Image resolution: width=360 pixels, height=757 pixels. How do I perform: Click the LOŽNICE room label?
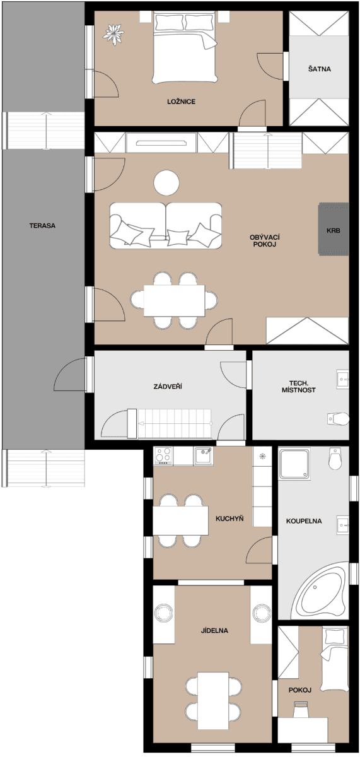coord(181,101)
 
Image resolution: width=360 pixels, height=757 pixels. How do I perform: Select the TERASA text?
coord(42,225)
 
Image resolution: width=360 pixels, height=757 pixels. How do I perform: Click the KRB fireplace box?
coord(333,230)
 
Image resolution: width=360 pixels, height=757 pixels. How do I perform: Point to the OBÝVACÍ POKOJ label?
coord(264,240)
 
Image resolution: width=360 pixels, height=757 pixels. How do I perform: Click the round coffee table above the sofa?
coord(166,184)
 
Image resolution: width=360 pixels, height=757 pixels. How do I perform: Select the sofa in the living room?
coord(166,225)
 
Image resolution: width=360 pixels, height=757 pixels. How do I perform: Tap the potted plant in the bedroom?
coord(113,33)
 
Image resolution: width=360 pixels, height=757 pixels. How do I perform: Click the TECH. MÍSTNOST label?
coord(298,386)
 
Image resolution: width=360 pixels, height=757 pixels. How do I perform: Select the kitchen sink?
coord(203,455)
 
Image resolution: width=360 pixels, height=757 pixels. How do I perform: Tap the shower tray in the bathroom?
coord(294,464)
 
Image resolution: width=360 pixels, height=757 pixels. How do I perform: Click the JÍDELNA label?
coord(214,630)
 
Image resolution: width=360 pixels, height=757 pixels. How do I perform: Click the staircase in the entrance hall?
coord(173,423)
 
